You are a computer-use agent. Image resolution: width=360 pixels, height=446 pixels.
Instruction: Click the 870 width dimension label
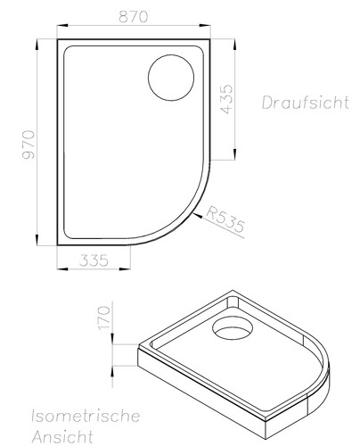click(x=134, y=16)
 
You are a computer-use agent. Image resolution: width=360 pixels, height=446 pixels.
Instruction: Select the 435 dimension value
click(x=227, y=97)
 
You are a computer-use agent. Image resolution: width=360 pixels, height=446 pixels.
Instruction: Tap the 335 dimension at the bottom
click(x=94, y=260)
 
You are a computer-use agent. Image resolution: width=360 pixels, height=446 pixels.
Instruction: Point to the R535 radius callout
click(x=225, y=219)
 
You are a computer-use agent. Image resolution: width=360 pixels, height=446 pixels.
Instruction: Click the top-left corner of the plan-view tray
click(x=58, y=38)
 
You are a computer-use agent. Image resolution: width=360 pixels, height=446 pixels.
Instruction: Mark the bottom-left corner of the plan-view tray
click(x=58, y=244)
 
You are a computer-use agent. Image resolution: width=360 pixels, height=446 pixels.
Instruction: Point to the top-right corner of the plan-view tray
click(x=210, y=38)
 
